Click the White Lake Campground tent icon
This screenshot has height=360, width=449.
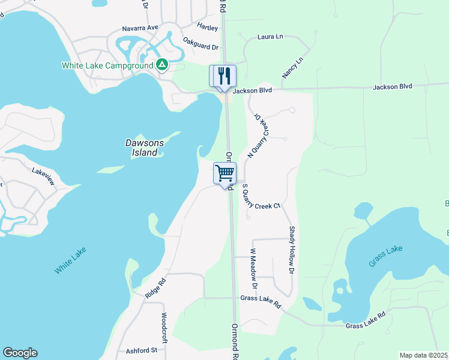tap(162, 65)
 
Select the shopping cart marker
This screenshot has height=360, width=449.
tap(225, 173)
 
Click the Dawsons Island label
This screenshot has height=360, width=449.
tap(145, 148)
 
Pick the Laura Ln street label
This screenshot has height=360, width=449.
tap(270, 37)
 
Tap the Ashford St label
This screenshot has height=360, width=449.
tap(141, 350)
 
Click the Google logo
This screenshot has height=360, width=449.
tap(20, 353)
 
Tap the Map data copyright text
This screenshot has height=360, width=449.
tap(424, 355)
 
